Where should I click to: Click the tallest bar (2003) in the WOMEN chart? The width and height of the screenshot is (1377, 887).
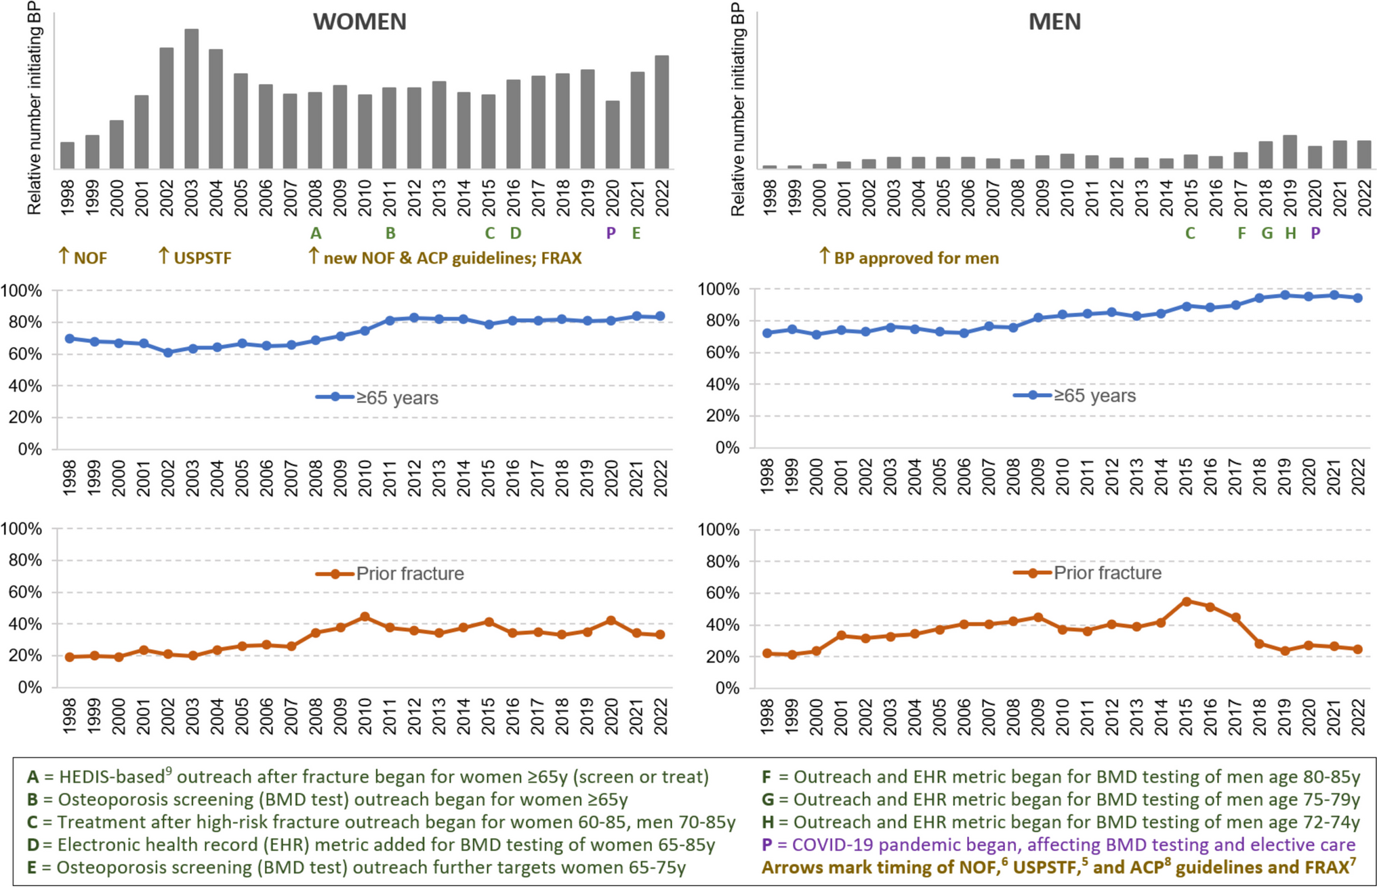click(192, 98)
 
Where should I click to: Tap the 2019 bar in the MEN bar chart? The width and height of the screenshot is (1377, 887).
click(1290, 152)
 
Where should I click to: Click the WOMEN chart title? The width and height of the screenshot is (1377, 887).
click(359, 22)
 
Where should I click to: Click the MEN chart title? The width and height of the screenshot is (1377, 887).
click(1054, 22)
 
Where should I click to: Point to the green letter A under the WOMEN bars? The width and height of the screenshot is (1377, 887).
click(316, 233)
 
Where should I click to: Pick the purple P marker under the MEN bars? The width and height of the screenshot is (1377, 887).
click(1315, 233)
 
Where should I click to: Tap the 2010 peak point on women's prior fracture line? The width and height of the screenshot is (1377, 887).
click(365, 617)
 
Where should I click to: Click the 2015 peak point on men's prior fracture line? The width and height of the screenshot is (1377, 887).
click(1186, 601)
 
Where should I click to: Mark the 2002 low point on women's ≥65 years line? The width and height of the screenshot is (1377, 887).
click(168, 352)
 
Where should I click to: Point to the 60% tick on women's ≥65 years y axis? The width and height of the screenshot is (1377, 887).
click(24, 354)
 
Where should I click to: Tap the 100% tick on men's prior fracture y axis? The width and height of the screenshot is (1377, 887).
click(722, 530)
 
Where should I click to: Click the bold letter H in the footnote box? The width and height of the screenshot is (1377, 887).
click(768, 822)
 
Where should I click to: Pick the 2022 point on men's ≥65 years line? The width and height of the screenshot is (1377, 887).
click(1358, 297)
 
